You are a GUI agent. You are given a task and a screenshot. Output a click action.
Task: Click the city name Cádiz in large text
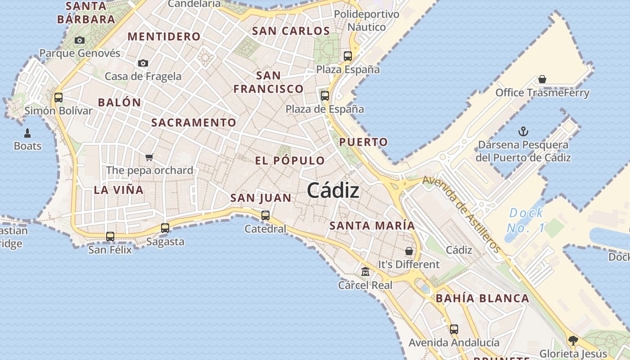click(x=333, y=191)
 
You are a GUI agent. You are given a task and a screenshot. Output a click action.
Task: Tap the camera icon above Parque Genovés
click(x=80, y=40)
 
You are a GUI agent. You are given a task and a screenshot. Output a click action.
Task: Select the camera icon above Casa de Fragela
click(x=143, y=63)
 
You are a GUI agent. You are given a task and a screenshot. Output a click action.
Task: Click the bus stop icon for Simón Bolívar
click(x=58, y=97)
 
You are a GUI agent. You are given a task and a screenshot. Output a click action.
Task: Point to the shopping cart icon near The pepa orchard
click(x=149, y=157)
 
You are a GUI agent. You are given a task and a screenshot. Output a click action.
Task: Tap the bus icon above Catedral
click(x=265, y=215)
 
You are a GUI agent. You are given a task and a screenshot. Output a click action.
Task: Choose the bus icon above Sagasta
click(x=165, y=228)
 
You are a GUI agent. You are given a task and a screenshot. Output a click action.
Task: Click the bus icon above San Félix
click(x=110, y=236)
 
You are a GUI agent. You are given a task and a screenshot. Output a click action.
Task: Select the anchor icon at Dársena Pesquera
click(x=523, y=131)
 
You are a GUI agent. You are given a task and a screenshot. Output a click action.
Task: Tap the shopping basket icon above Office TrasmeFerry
click(x=542, y=80)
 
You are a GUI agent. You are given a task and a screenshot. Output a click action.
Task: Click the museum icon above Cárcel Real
click(x=365, y=271)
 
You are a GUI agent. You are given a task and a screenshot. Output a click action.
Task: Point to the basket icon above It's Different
click(x=409, y=251)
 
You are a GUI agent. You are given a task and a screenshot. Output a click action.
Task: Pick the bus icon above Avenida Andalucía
click(x=454, y=329)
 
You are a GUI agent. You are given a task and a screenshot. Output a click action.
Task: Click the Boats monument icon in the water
click(x=27, y=133)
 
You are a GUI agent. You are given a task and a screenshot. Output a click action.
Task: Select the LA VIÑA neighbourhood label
click(x=119, y=190)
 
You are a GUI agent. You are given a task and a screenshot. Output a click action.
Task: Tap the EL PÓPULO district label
click(x=290, y=161)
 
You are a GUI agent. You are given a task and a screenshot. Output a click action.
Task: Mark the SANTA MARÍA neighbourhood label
click(x=372, y=225)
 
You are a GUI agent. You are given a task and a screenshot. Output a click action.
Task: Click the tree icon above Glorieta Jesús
click(x=573, y=340)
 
